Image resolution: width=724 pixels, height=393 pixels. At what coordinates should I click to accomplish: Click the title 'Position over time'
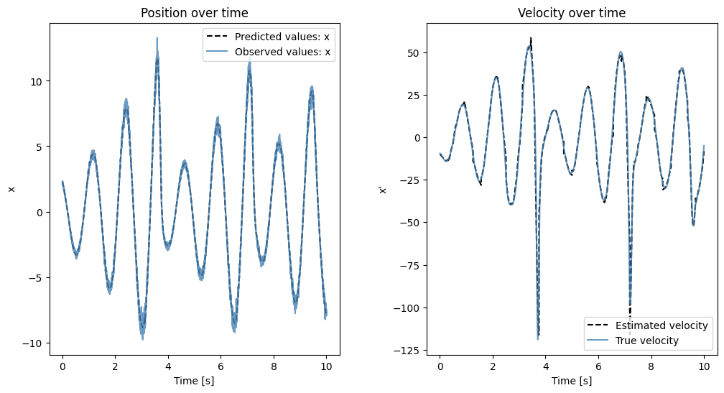pyautogui.click(x=194, y=13)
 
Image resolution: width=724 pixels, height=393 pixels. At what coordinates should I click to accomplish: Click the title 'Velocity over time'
pyautogui.click(x=572, y=13)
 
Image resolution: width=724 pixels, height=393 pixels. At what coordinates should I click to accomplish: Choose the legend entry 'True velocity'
pyautogui.click(x=647, y=340)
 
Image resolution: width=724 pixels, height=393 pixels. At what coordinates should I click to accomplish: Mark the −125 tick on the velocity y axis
pyautogui.click(x=409, y=350)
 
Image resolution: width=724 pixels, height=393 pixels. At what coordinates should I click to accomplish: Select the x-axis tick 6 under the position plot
pyautogui.click(x=221, y=366)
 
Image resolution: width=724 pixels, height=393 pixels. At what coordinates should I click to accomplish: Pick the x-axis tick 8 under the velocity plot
pyautogui.click(x=651, y=366)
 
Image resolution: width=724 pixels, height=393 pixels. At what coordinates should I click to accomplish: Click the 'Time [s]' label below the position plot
pyautogui.click(x=194, y=380)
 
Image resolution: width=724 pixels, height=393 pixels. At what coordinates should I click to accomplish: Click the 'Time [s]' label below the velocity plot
pyautogui.click(x=572, y=380)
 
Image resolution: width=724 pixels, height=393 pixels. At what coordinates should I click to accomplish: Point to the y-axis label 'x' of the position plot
pyautogui.click(x=11, y=189)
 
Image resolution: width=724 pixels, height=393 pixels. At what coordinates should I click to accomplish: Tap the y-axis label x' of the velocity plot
pyautogui.click(x=383, y=189)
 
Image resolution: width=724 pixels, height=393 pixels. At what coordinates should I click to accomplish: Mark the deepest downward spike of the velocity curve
pyautogui.click(x=537, y=338)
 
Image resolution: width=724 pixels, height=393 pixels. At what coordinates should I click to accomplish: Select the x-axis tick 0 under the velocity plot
pyautogui.click(x=440, y=366)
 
